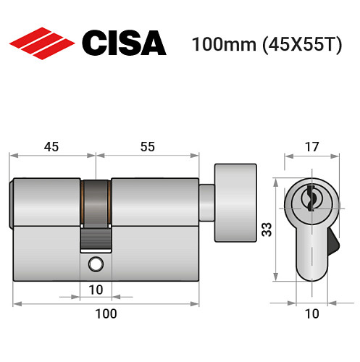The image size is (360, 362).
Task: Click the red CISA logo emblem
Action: tap(42, 43)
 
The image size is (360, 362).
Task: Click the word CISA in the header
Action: tap(123, 43)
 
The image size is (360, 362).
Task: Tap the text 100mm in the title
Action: tap(219, 44)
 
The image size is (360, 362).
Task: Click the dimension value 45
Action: tap(52, 146)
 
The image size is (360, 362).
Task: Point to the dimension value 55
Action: tap(147, 146)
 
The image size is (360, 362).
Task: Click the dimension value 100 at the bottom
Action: tap(106, 313)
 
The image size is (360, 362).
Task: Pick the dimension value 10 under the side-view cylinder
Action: tap(96, 290)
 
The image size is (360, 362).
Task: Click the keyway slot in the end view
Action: tap(309, 198)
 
